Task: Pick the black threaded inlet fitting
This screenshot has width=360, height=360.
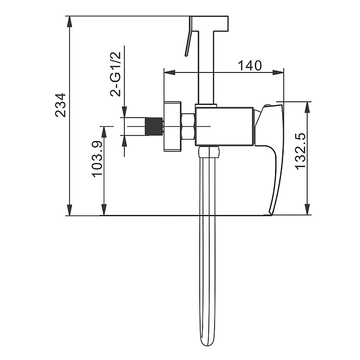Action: click(x=154, y=126)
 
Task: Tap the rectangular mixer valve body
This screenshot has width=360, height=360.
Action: click(x=225, y=125)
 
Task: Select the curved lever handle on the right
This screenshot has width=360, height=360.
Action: click(x=273, y=154)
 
